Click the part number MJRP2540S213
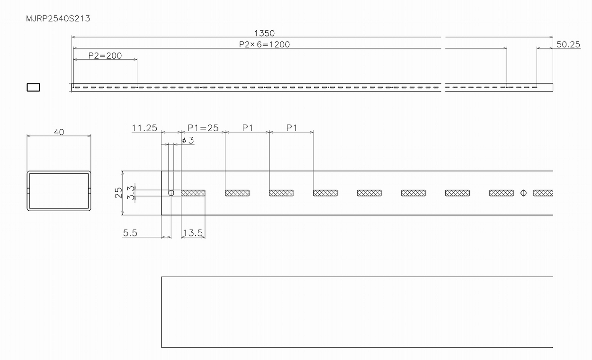click(x=58, y=18)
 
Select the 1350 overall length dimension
click(x=264, y=33)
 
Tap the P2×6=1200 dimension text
click(x=264, y=45)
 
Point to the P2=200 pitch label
click(x=105, y=55)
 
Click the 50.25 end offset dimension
click(x=568, y=45)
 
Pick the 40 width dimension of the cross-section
click(x=59, y=132)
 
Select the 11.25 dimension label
click(x=144, y=128)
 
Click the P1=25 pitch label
click(x=203, y=128)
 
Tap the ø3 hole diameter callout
click(x=188, y=140)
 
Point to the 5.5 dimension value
click(x=130, y=233)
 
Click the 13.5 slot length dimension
click(x=193, y=233)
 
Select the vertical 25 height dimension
click(x=119, y=193)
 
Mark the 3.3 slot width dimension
click(x=131, y=193)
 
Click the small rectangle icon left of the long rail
click(x=33, y=87)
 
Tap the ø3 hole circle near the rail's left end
click(x=171, y=193)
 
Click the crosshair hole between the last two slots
click(x=523, y=193)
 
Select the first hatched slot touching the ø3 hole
click(x=193, y=193)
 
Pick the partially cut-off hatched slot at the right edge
click(x=543, y=193)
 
